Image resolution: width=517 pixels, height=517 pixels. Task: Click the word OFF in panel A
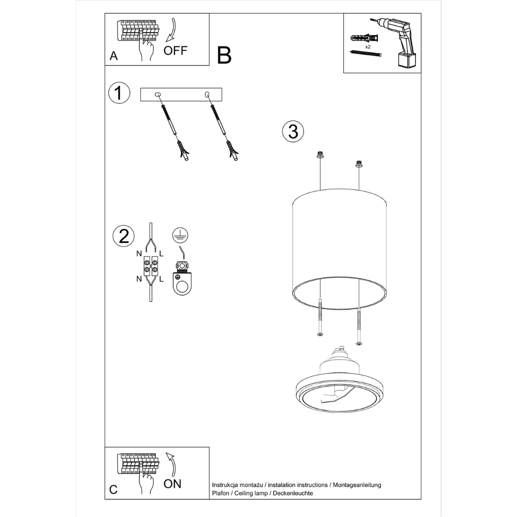tap(175, 51)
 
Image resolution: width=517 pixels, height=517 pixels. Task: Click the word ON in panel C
tap(172, 483)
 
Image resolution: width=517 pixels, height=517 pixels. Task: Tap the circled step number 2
tap(124, 236)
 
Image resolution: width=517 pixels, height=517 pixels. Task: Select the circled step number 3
tap(293, 131)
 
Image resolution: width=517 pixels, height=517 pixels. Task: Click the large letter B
tap(224, 56)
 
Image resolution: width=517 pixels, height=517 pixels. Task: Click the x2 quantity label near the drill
tap(368, 47)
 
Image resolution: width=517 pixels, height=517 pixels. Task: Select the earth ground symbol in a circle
tap(180, 235)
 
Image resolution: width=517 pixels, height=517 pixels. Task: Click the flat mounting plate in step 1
tap(181, 95)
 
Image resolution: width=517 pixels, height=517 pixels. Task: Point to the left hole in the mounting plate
tap(158, 95)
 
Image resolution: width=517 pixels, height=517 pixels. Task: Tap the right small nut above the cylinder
tap(359, 164)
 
